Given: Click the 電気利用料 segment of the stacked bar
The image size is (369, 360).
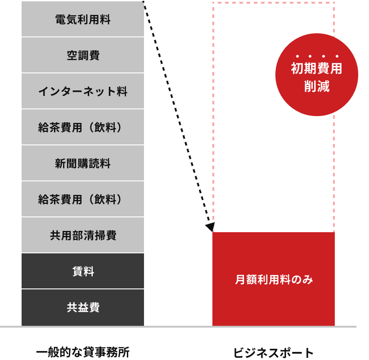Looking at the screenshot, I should coord(83,19).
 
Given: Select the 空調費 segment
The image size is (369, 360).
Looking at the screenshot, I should coord(83,55).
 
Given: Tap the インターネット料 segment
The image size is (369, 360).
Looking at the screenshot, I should coord(83,91).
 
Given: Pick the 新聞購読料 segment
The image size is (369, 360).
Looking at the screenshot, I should coord(83,163).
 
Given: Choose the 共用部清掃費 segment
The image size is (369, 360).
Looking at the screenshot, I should coord(83,235).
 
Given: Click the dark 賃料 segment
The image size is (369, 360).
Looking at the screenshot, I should coord(83,271).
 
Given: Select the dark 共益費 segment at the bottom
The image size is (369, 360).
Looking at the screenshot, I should coord(83,307).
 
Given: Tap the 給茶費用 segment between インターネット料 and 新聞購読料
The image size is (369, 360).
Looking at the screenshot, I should coord(83,127).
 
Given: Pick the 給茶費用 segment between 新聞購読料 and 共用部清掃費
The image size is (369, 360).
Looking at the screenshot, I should coord(83,199).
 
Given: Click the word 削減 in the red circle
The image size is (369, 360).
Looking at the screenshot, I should coord(316,86).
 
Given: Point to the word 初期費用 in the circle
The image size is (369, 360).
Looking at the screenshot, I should coord(316,68).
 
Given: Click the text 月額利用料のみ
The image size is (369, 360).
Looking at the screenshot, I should coord(274,279).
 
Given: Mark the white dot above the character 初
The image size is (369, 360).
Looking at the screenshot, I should coord(297,56).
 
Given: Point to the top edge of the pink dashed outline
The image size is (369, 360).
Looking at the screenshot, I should coord(273,3).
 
